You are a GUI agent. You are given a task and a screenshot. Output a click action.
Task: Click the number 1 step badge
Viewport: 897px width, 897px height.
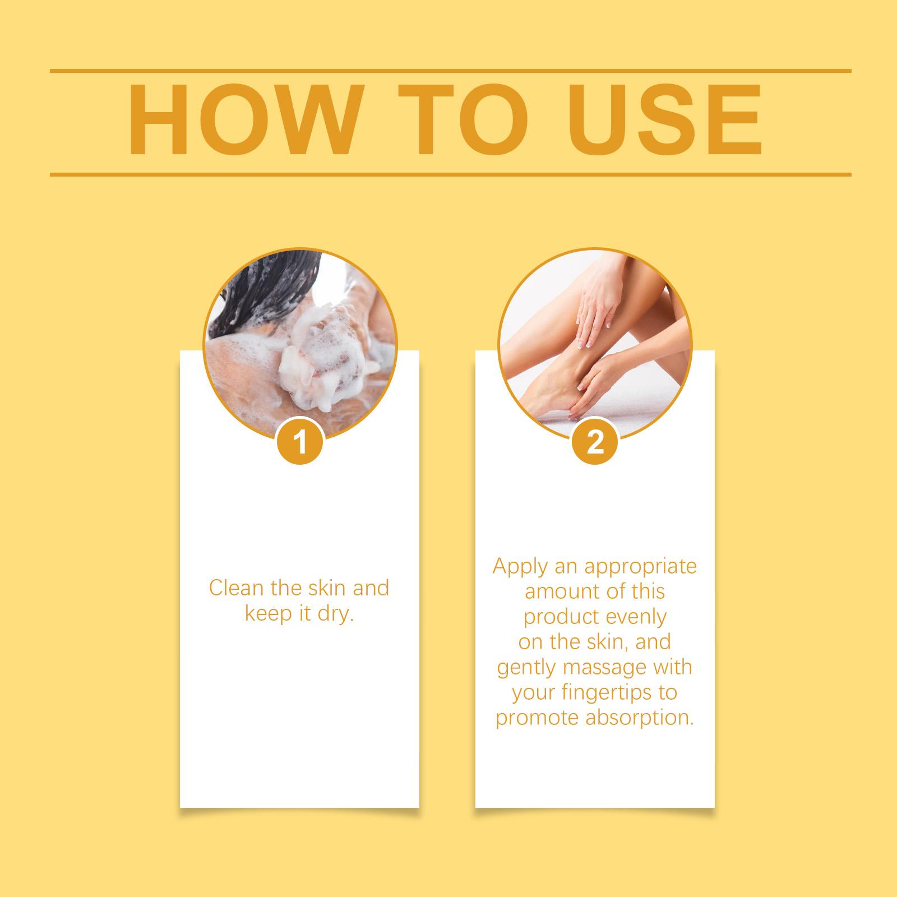(x=300, y=442)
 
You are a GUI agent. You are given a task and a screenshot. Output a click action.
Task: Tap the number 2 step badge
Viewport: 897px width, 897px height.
(x=595, y=442)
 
